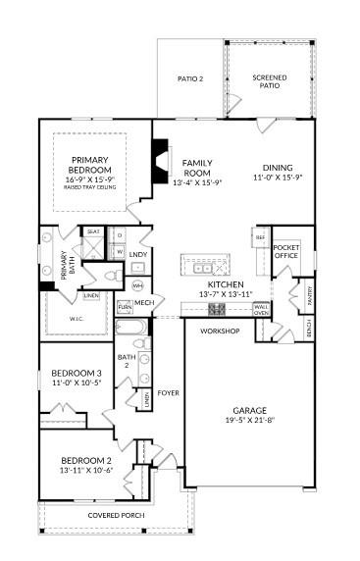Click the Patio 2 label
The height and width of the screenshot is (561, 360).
[189, 78]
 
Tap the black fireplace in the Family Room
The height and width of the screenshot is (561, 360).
[159, 156]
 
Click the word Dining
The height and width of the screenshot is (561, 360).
[277, 167]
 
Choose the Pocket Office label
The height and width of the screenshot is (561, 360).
[286, 251]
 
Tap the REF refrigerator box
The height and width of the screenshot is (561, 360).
[260, 237]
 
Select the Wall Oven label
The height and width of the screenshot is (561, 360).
[261, 310]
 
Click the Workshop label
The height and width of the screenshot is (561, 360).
[221, 331]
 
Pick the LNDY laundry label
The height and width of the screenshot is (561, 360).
[138, 255]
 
